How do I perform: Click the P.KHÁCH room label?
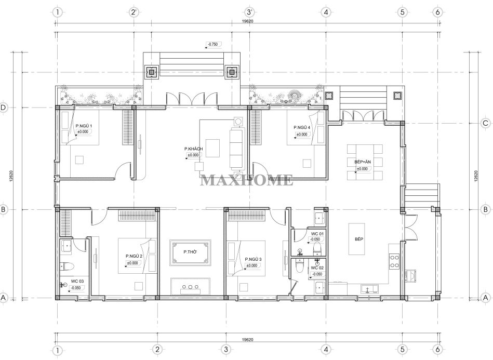[x=193, y=149]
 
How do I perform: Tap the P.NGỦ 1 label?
[x=84, y=126]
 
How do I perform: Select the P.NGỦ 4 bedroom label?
[x=302, y=128]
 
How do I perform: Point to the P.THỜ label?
[x=190, y=252]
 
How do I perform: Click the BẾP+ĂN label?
[x=363, y=162]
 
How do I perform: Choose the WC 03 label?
[x=77, y=282]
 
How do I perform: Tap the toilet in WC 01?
[x=317, y=249]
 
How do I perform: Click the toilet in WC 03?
[x=67, y=266]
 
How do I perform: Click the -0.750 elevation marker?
[x=214, y=44]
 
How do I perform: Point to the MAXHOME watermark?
[x=247, y=180]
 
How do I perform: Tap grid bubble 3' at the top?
[x=250, y=12]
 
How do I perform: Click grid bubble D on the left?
[x=3, y=108]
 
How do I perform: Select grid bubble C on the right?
[x=485, y=123]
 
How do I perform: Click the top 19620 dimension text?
[x=248, y=21]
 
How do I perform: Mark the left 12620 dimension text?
[x=11, y=176]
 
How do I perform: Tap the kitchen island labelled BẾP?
[x=357, y=239]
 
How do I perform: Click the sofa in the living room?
[x=237, y=148]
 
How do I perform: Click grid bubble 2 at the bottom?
[x=157, y=349]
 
